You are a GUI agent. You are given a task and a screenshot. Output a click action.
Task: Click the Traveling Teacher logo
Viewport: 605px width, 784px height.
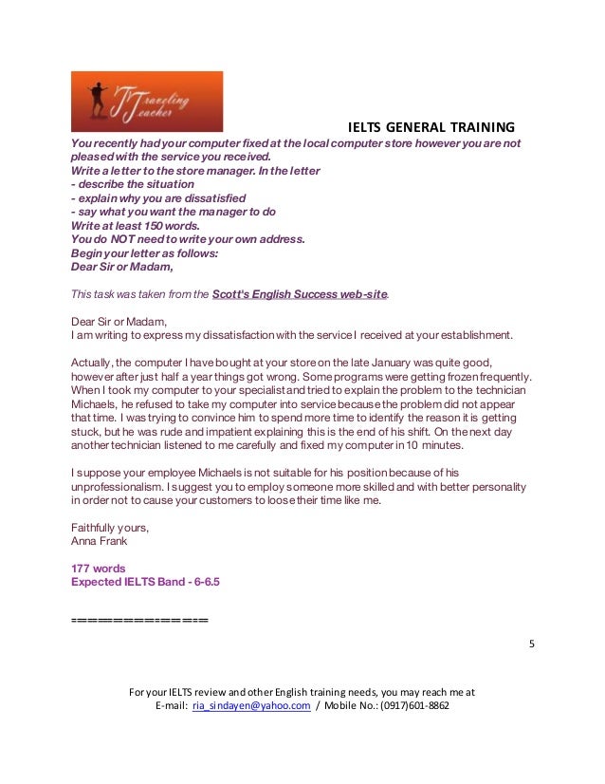[147, 101]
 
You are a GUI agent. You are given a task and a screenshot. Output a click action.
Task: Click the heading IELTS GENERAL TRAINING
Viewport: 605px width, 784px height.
[431, 127]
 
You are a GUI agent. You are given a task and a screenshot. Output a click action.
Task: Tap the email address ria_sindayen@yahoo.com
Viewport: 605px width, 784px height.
[251, 706]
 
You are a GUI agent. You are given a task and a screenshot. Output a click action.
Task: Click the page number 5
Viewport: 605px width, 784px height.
[531, 644]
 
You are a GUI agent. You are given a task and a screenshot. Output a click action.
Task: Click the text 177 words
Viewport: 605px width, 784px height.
[99, 569]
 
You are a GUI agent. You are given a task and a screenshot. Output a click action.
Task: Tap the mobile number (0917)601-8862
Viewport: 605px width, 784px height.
[414, 706]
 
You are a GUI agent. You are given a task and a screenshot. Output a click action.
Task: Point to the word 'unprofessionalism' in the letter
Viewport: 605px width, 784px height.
[120, 486]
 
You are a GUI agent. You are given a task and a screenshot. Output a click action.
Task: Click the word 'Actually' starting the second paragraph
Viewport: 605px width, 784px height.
[93, 363]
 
